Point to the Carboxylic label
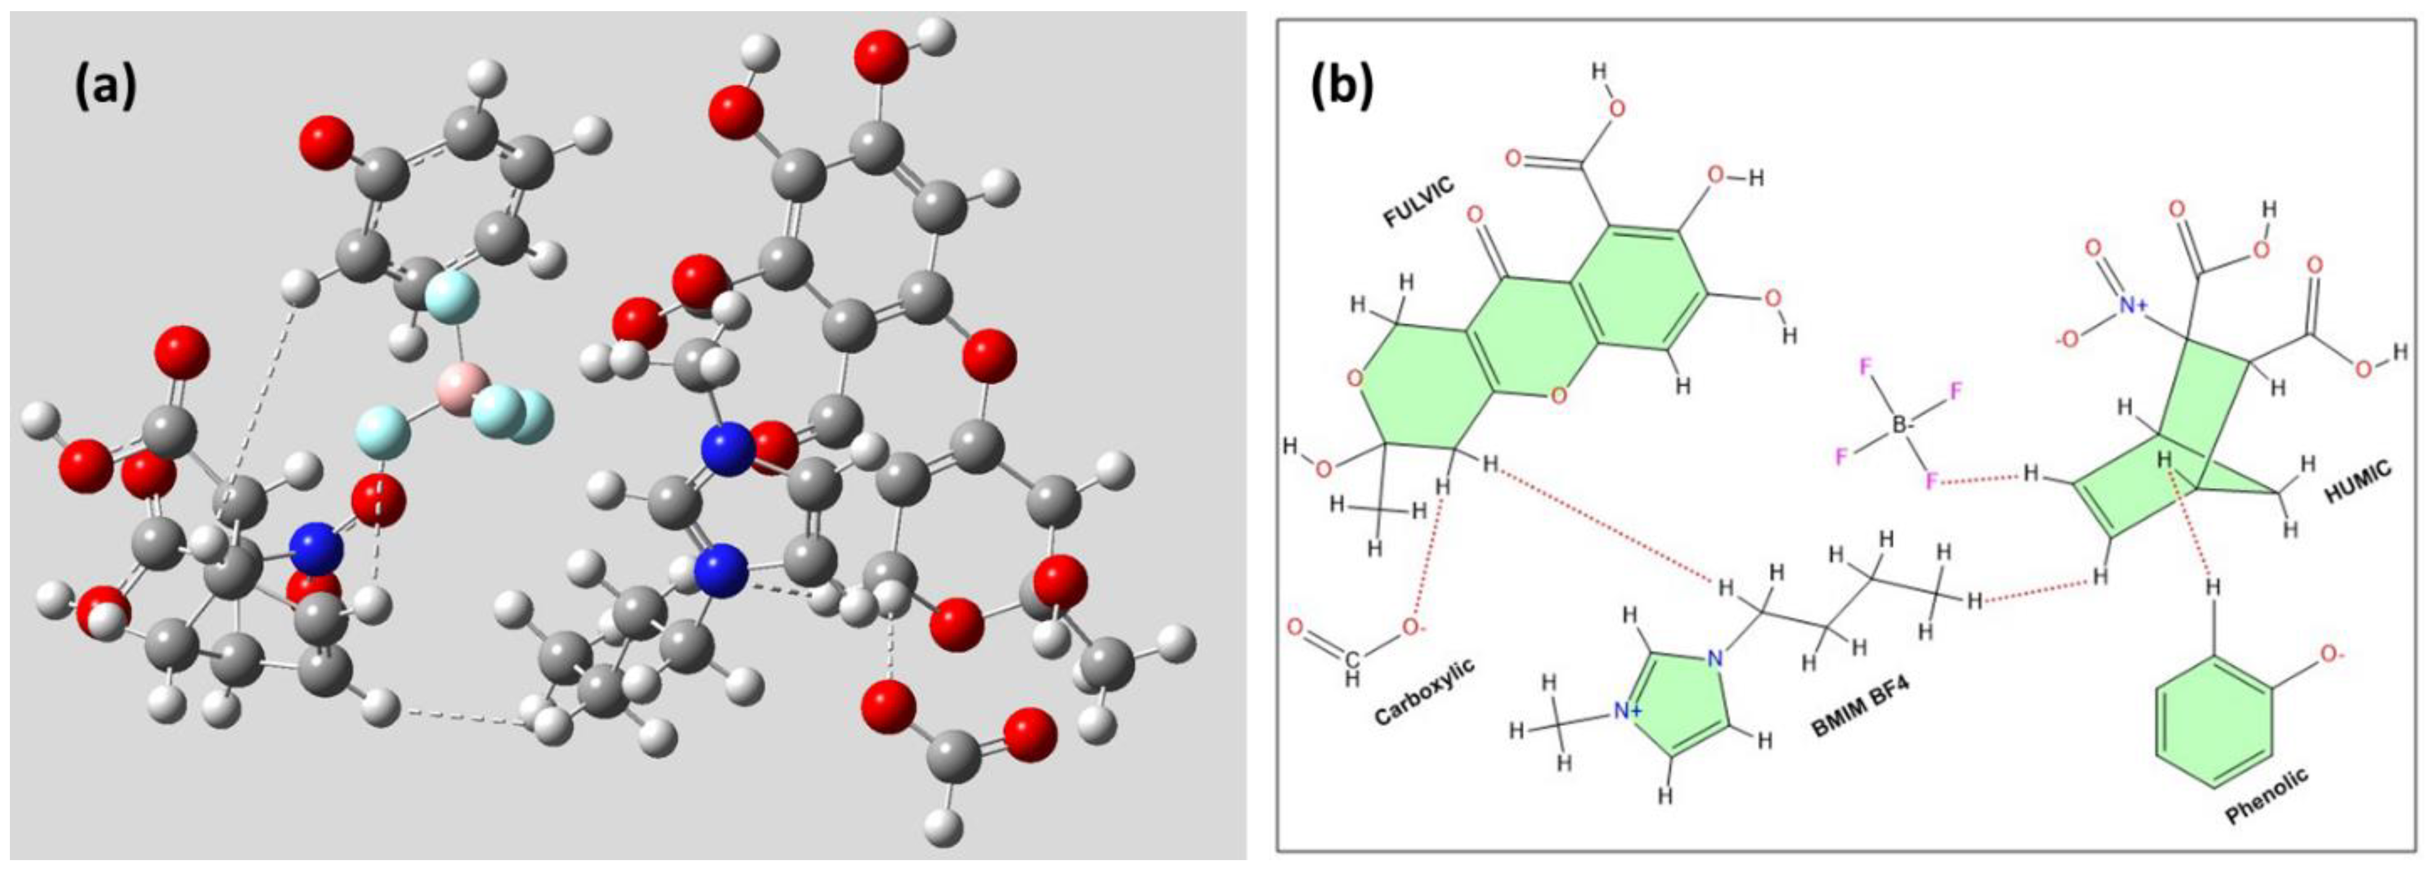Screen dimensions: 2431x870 (x=1424, y=691)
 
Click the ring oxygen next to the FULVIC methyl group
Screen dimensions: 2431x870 (x=1355, y=379)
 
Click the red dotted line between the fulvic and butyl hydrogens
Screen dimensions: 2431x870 (x=1605, y=524)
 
